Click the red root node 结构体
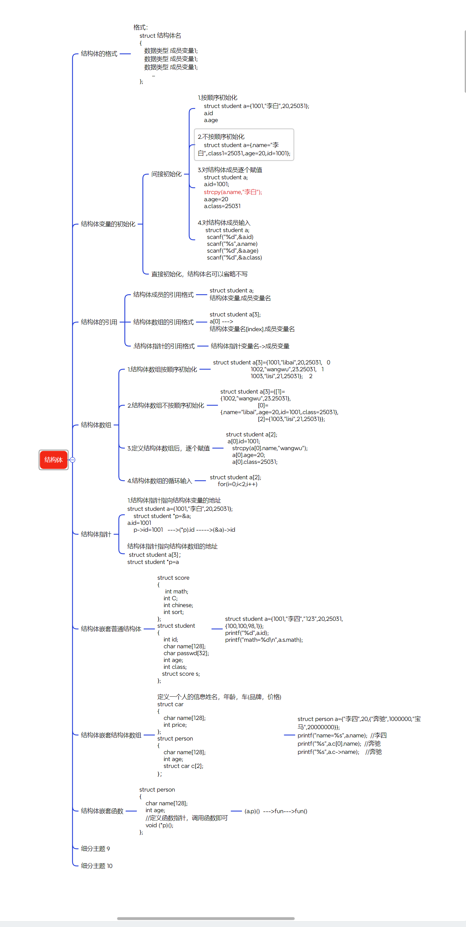pos(54,459)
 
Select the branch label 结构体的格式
pos(99,53)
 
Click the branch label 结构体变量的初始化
pos(108,224)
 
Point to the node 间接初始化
pos(166,174)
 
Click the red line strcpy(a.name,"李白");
pos(233,192)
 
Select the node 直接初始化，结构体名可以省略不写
pos(199,274)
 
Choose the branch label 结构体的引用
pos(99,322)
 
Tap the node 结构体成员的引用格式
pos(163,294)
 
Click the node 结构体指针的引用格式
pos(164,346)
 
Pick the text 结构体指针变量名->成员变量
pos(250,346)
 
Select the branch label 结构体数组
pos(96,425)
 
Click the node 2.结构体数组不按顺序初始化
pos(166,405)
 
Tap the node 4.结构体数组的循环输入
pos(160,480)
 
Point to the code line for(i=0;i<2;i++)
pos(237,484)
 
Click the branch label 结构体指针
pos(96,534)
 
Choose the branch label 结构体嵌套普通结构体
pos(111,629)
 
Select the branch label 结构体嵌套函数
pos(102,811)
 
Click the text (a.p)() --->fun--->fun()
pos(276,811)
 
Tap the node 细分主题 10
pos(96,866)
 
